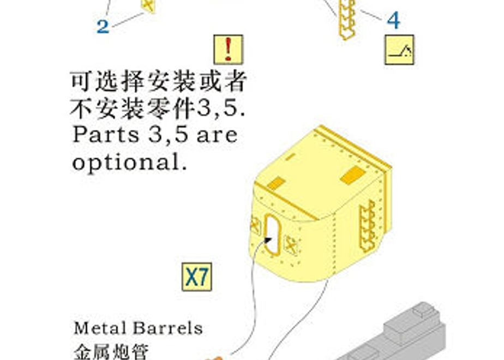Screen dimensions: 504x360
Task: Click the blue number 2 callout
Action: [x=103, y=26]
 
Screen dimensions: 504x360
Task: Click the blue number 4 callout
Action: [x=393, y=20]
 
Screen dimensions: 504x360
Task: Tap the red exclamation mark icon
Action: [x=228, y=50]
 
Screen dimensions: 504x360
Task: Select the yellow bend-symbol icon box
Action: [x=399, y=50]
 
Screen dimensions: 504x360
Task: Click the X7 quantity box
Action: [x=197, y=277]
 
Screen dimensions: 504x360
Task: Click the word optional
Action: [x=129, y=163]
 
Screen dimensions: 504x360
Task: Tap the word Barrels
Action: [x=167, y=328]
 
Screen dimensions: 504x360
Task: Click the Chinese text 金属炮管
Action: [x=111, y=352]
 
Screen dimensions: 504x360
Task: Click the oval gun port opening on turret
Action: [x=273, y=235]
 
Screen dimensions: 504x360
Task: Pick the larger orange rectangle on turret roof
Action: [x=352, y=175]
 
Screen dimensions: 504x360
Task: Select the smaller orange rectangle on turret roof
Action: [x=276, y=183]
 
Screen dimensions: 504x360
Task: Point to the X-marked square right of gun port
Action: [x=291, y=245]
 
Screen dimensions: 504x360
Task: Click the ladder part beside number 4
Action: [x=346, y=19]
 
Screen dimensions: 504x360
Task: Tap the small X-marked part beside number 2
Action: [x=147, y=6]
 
